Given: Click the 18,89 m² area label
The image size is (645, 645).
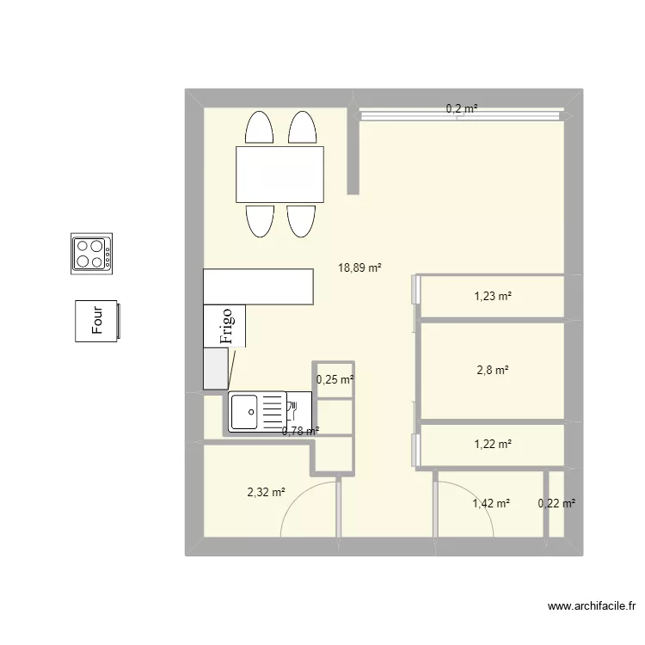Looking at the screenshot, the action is click(x=359, y=268).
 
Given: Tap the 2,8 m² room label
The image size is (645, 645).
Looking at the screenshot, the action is click(x=493, y=370).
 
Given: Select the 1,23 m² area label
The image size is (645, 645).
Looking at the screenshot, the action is click(x=493, y=296).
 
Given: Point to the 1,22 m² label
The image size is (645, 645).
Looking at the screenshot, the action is click(x=493, y=445).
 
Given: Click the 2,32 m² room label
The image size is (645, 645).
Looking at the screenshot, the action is click(x=266, y=492).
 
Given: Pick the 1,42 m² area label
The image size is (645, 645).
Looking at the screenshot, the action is click(x=491, y=503).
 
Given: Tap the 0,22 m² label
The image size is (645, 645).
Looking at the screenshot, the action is click(x=556, y=503).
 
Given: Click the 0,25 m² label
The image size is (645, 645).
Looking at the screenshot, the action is click(x=335, y=379).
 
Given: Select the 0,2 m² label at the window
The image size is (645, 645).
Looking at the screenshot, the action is click(x=462, y=108).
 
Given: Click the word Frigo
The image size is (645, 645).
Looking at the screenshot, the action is click(x=227, y=326).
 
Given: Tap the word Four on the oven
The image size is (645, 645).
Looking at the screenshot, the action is click(x=97, y=320).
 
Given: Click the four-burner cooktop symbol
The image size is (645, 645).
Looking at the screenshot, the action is click(x=91, y=254).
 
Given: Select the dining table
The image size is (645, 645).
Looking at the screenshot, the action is click(x=279, y=175).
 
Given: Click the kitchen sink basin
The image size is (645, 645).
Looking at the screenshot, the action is click(x=244, y=412).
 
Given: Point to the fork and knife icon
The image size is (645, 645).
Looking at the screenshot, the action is click(x=293, y=410).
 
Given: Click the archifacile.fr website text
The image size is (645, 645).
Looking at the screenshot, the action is click(x=592, y=606).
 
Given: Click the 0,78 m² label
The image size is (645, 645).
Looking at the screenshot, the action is click(x=301, y=432).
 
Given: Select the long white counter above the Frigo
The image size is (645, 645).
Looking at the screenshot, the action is click(x=258, y=286).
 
